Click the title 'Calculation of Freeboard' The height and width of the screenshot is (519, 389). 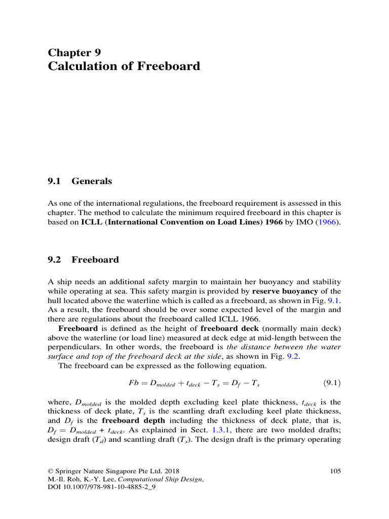(x=124, y=66)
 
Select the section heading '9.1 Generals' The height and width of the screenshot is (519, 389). (x=80, y=181)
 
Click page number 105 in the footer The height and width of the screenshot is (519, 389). (x=335, y=471)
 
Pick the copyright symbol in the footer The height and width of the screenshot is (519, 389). (x=50, y=471)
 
